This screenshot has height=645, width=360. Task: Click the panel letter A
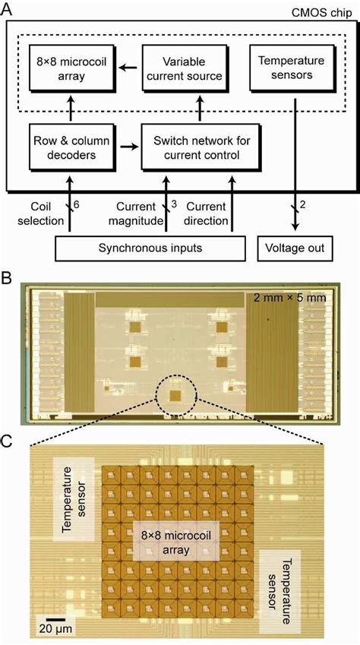pos(9,9)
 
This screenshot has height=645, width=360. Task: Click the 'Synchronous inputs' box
pos(150,248)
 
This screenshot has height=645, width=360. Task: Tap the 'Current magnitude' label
pos(141,213)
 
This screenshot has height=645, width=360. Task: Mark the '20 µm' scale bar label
pos(49,628)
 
